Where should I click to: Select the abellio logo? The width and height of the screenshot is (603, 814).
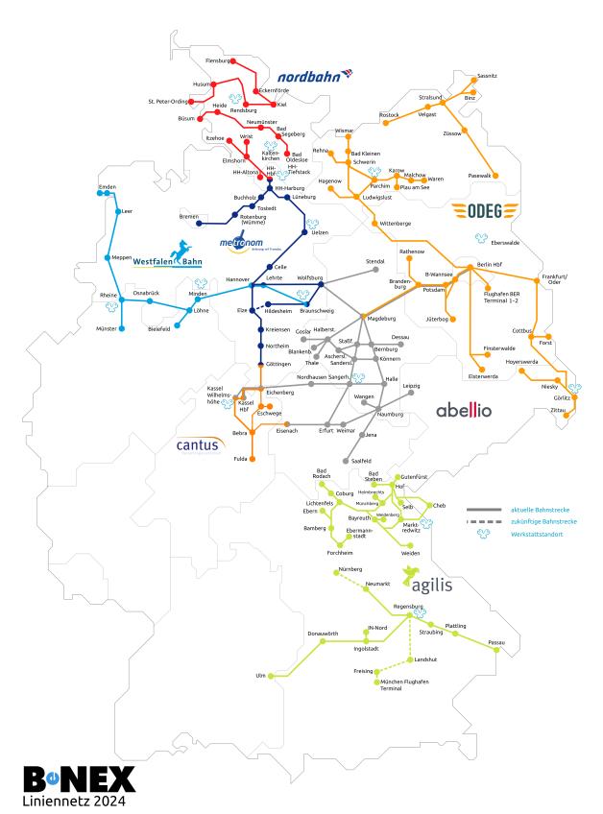pos(464,410)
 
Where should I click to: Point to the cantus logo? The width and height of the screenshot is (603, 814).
pos(198,444)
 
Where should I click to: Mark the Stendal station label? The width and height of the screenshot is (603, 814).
pos(375,260)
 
